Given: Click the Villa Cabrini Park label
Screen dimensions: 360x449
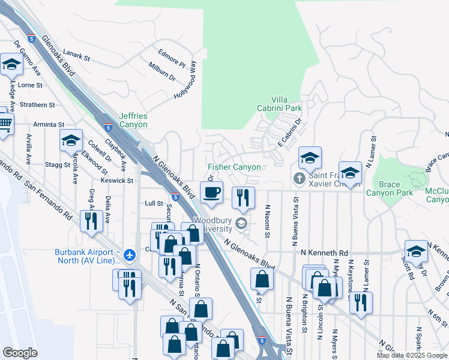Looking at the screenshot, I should [x=286, y=104].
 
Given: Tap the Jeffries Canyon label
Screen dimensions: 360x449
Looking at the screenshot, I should [x=133, y=120].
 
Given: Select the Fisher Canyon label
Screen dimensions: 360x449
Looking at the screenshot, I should [x=234, y=167].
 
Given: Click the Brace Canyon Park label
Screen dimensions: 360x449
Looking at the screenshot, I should [x=390, y=188].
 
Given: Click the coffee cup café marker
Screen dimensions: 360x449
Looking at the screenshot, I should [x=211, y=193].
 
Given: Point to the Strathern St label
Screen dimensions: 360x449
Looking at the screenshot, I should [x=37, y=104].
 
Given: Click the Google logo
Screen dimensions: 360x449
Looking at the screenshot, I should [x=20, y=353].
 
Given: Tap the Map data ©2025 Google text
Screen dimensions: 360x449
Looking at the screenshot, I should [x=412, y=355].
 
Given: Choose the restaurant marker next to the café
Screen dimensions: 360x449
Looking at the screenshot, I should [x=243, y=197].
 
